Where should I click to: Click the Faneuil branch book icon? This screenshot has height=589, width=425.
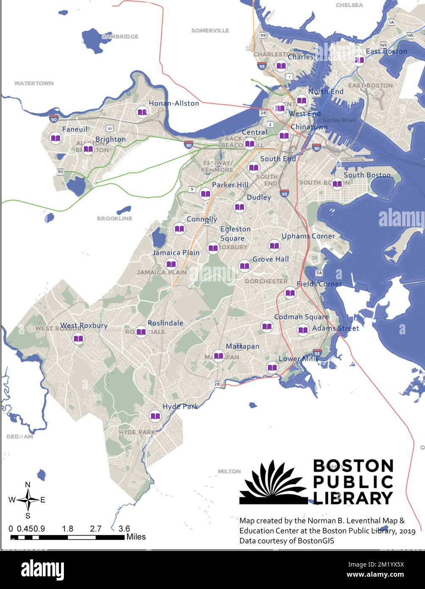point(55,138)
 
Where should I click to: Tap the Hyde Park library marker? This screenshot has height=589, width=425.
point(156,416)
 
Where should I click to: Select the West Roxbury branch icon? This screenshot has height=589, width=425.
point(78,339)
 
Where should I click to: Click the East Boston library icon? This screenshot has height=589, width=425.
point(359,61)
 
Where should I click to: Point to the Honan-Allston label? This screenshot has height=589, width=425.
point(174,103)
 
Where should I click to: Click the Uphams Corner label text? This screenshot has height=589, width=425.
point(308,236)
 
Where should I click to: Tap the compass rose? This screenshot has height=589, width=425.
point(28,500)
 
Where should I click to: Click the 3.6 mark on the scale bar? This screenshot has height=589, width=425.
point(124,528)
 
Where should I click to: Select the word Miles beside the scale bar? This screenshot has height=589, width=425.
point(136,537)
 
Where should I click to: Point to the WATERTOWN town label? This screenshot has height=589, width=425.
point(34,83)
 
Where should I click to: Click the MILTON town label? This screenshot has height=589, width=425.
point(229,471)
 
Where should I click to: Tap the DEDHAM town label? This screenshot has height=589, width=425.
point(19,436)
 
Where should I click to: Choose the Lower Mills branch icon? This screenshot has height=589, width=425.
point(272,367)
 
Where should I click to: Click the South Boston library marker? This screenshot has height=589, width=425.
point(337,184)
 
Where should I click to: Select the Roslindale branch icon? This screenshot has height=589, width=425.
point(141,332)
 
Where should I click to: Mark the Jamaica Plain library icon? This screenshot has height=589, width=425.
point(171,264)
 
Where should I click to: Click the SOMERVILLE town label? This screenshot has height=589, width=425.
point(210,31)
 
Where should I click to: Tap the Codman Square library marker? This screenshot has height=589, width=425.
point(267,326)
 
